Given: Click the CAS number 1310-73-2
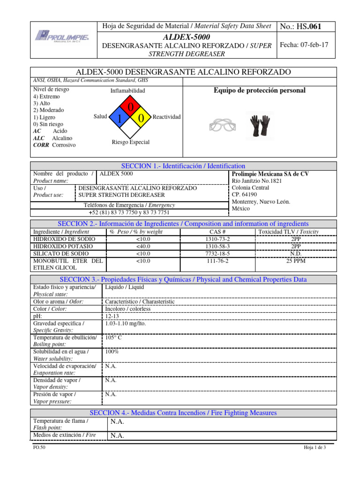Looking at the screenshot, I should (217, 239).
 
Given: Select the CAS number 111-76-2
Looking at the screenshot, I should (217, 261).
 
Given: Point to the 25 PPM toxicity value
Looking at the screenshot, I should (296, 261).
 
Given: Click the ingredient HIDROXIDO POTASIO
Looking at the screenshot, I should (64, 246).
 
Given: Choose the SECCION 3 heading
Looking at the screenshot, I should (183, 279).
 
